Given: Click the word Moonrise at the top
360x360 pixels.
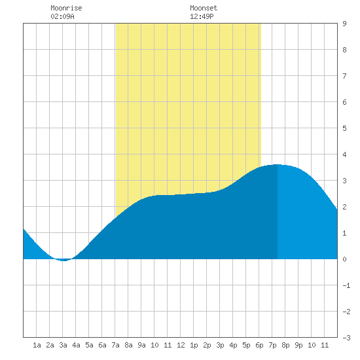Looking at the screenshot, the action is pos(66,8).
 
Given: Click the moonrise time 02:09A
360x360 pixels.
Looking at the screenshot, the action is pos(62,16).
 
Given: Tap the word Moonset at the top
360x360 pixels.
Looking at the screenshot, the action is pos(204,8).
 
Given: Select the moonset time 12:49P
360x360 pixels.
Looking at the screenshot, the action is pos(202,16).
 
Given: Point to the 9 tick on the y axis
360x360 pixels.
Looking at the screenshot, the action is pos(344,24).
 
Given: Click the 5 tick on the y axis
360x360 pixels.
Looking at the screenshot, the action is pos(344,128).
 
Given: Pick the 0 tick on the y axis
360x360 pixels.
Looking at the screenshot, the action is pos(344,259).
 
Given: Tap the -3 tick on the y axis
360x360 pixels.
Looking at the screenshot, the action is pos(346,338).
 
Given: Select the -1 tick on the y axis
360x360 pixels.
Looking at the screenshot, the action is pos(346,285).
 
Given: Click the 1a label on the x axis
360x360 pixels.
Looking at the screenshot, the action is pos(37,345).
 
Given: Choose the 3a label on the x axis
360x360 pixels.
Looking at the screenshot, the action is pos(63,345).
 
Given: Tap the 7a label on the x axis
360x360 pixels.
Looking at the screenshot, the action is pos(115,345).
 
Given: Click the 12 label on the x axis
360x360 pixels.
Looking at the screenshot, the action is pos(181,345).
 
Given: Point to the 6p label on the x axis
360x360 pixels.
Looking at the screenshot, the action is pos(259,345).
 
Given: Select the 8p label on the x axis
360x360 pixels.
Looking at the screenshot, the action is pos(285,345).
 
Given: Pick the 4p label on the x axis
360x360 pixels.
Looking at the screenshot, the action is pos(233,345).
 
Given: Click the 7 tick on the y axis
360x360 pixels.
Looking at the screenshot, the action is pos(344,76).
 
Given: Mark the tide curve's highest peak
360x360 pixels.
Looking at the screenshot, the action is pos(278,164).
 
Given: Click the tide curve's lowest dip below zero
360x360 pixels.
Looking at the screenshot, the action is pos(63,261).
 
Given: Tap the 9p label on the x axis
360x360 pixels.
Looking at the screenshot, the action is pos(298,345).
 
